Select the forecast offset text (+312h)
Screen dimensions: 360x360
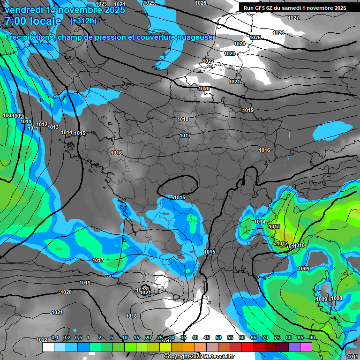click(x=83, y=21)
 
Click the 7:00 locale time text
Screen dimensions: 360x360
click(x=33, y=21)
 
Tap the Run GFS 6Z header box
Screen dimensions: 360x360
click(x=295, y=8)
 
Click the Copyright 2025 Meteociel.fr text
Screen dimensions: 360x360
click(x=201, y=356)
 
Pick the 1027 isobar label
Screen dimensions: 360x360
click(x=293, y=18)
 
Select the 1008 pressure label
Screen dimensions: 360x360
click(x=337, y=298)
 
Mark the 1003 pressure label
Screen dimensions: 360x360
click(x=8, y=116)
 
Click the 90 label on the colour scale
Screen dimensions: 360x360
click(x=312, y=337)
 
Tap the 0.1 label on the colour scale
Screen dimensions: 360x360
click(x=55, y=337)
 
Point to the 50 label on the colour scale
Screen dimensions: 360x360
click(x=218, y=337)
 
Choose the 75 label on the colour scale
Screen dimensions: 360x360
click(x=277, y=337)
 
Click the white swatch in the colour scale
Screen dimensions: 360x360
click(x=48, y=347)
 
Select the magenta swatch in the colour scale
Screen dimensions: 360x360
click(x=306, y=347)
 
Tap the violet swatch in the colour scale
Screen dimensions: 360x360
click(x=294, y=347)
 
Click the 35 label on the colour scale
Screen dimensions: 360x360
click(x=183, y=337)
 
